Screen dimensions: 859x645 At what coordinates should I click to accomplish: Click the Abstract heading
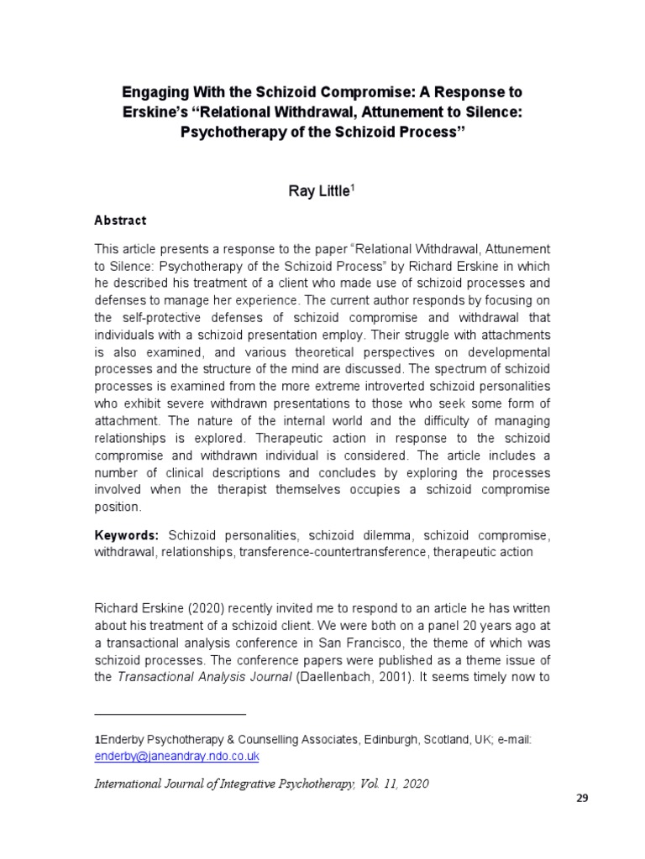(x=120, y=221)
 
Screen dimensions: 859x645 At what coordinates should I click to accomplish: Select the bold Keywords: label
(x=128, y=534)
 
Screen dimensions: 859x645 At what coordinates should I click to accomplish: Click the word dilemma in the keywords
(x=385, y=534)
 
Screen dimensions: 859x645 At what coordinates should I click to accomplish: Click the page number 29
(x=582, y=798)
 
